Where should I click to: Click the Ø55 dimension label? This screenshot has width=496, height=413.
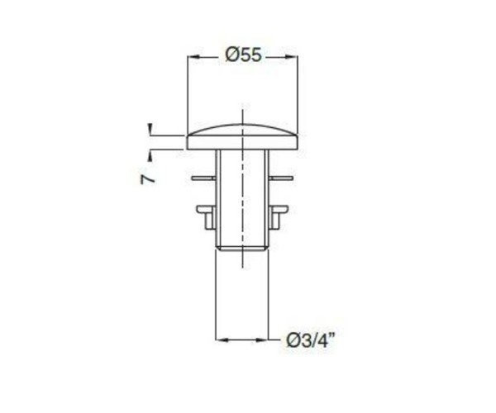point(244,55)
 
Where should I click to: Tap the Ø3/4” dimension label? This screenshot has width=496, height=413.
point(311,340)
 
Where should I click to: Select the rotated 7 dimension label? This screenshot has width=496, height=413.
point(148,179)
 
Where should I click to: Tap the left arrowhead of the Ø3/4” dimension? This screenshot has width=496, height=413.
point(222,340)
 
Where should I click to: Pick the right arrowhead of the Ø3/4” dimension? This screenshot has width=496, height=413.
point(261,340)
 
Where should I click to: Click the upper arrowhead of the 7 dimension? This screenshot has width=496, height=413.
point(150,128)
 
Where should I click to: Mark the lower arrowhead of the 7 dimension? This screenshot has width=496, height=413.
point(150,156)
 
